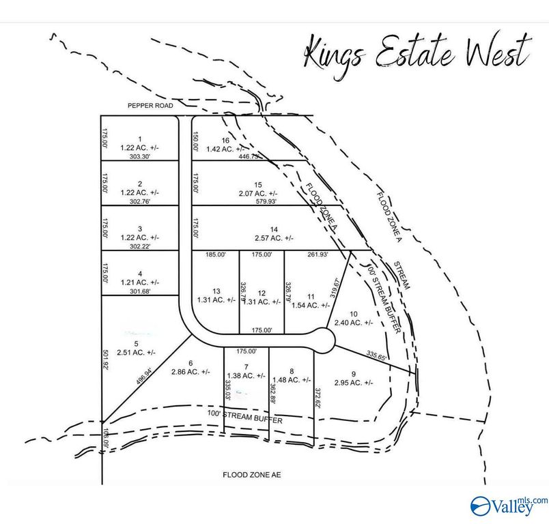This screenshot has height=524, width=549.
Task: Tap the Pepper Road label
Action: [x=151, y=106]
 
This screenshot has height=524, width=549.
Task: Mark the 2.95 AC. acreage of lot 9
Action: [x=353, y=382]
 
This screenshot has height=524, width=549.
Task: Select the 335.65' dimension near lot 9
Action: [x=376, y=356]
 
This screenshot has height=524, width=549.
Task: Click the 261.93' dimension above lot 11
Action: [x=317, y=254]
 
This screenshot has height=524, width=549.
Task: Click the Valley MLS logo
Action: [x=509, y=504]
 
